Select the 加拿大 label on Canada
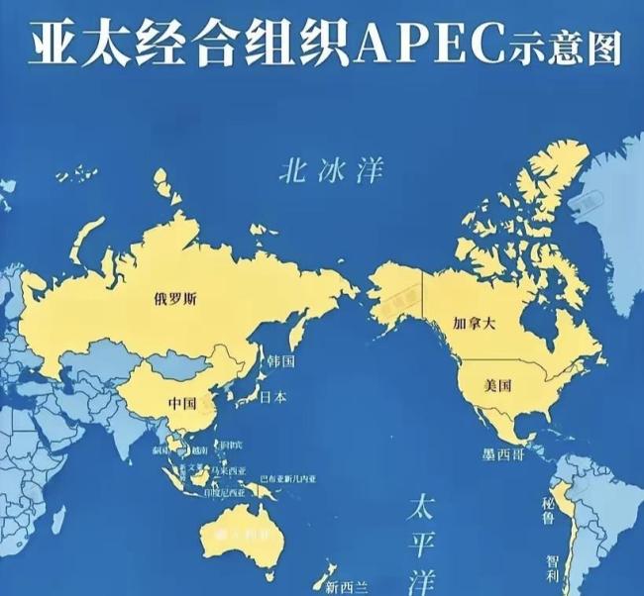[473, 324]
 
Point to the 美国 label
[498, 385]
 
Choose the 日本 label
[274, 397]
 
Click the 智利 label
[553, 569]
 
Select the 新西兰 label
[346, 587]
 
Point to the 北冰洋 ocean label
[316, 173]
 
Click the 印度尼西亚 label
[221, 492]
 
